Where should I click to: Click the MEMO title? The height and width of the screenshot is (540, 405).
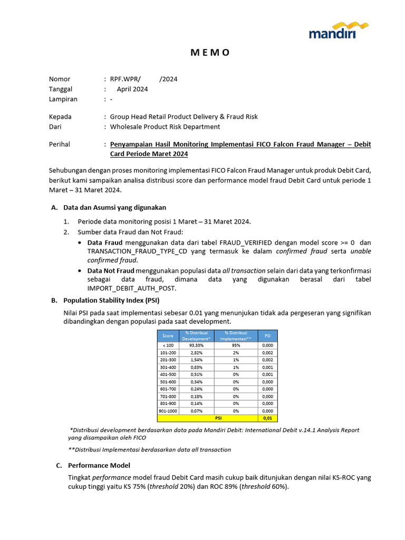click(210, 52)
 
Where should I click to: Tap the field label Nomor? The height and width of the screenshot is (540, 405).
click(60, 79)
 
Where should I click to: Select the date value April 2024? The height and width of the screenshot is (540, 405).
click(132, 89)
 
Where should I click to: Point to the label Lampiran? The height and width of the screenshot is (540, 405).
click(63, 99)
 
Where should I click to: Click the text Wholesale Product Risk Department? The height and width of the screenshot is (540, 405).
click(165, 127)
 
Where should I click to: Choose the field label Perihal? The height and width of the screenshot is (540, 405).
click(60, 144)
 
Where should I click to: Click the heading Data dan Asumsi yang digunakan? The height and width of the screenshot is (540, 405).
click(114, 208)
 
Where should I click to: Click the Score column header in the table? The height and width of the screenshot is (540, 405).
click(168, 335)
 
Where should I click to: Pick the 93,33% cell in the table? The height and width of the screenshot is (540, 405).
click(196, 345)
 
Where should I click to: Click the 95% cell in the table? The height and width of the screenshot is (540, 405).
click(236, 345)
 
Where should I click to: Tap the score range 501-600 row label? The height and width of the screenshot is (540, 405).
click(168, 381)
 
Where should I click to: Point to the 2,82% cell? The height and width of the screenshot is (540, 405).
click(196, 352)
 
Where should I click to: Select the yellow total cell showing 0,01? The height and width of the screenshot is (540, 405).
click(267, 418)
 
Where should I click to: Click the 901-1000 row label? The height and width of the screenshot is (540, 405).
click(168, 411)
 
